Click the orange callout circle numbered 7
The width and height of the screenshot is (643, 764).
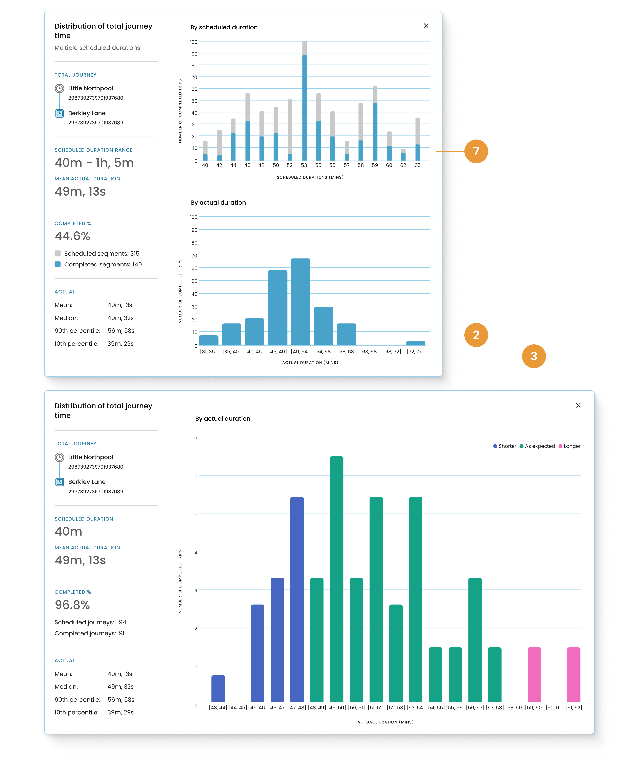click(476, 151)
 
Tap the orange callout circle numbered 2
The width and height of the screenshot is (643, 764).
click(476, 335)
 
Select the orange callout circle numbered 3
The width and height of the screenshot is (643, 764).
click(534, 356)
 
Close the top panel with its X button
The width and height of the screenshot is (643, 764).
click(426, 26)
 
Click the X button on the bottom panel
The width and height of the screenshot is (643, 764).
click(578, 405)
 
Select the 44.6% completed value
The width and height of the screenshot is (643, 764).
click(72, 236)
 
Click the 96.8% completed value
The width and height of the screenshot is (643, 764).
click(72, 605)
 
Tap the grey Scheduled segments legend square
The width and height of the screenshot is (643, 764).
click(58, 253)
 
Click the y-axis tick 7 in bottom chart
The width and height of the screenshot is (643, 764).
click(196, 439)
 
